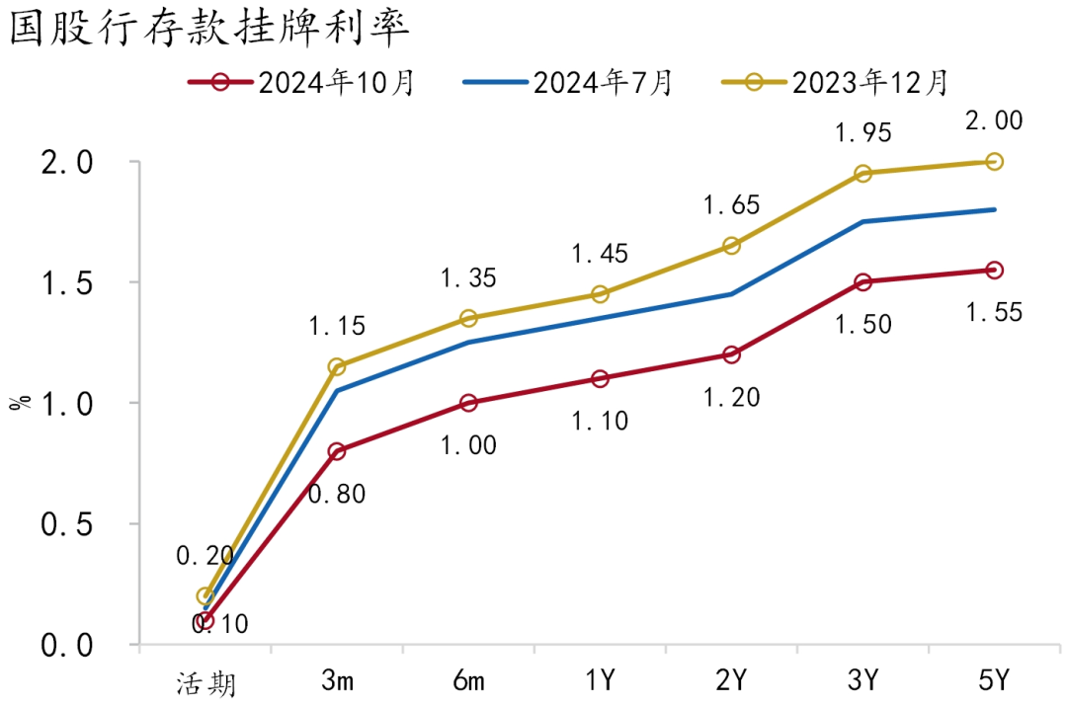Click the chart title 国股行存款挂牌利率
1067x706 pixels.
click(208, 30)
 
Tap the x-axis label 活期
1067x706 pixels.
click(205, 681)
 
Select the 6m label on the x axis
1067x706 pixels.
click(468, 680)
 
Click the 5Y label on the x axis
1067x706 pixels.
click(994, 680)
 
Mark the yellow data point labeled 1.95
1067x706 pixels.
click(862, 173)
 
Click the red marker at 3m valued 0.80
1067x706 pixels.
click(337, 451)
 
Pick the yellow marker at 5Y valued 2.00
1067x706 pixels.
click(994, 161)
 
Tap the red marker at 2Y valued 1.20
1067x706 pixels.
click(731, 354)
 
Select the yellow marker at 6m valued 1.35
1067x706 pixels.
click(468, 318)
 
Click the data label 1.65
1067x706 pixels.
click(731, 206)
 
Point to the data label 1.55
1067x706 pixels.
click(994, 313)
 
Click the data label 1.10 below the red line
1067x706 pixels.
click(601, 422)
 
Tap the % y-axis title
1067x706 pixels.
click(18, 402)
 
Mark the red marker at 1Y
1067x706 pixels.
click(600, 378)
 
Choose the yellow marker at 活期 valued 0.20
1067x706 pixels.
click(205, 596)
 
